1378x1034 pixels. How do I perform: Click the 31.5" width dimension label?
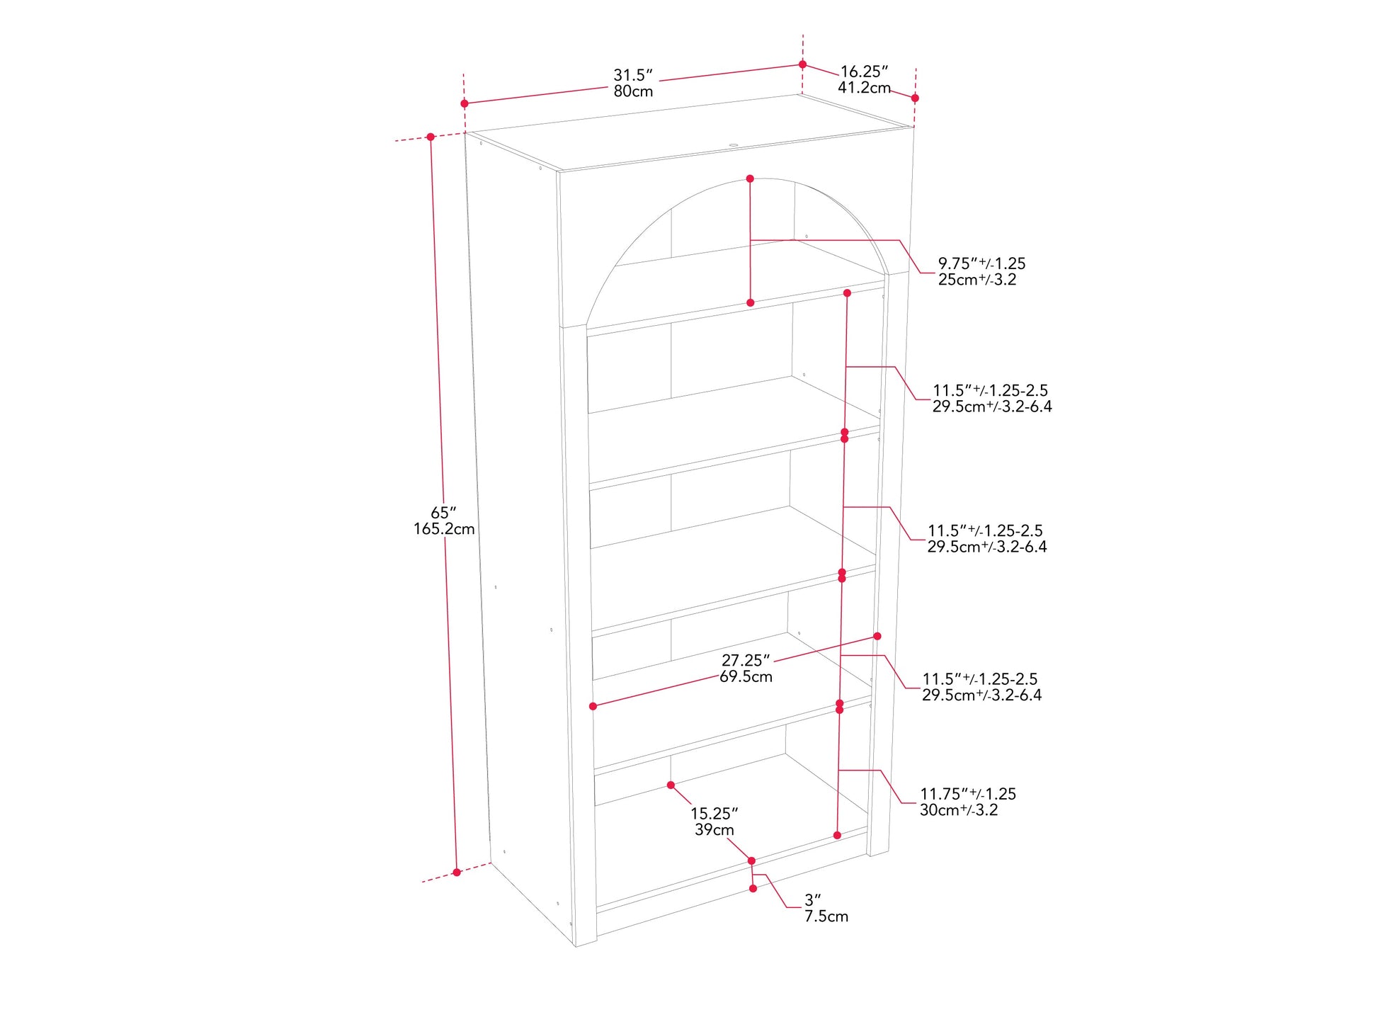632,75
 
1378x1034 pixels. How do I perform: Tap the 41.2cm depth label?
864,88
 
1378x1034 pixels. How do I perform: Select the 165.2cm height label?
444,529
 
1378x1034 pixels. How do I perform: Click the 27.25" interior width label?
746,660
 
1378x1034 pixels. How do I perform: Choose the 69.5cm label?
746,676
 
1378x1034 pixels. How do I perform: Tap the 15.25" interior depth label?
714,814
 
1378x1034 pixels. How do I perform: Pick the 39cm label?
714,830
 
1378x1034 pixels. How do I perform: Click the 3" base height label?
813,900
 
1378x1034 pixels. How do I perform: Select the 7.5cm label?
826,916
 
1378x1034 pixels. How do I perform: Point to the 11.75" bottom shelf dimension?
967,794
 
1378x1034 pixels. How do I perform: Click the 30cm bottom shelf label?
959,810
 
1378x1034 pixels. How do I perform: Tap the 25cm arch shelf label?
977,280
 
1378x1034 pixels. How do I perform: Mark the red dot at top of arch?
750,179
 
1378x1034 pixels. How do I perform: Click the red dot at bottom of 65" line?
457,873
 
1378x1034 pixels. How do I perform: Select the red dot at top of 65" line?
431,137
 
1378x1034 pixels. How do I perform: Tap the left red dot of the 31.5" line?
465,104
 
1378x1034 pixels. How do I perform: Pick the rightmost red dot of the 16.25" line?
915,98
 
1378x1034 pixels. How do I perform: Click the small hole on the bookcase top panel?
733,146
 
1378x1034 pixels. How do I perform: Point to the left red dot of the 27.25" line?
593,706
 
